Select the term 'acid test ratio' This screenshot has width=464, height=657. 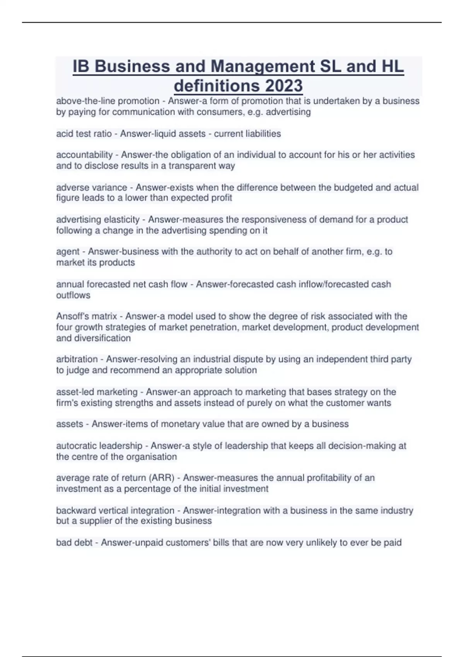pyautogui.click(x=84, y=134)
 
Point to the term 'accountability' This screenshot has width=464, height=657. pyautogui.click(x=84, y=155)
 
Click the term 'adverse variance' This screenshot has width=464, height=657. pyautogui.click(x=92, y=187)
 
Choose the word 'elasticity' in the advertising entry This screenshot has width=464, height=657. pyautogui.click(x=121, y=220)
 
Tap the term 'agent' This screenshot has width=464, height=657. pyautogui.click(x=68, y=252)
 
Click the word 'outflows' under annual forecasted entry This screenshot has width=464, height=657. pyautogui.click(x=73, y=295)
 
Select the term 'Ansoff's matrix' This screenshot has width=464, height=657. pyautogui.click(x=87, y=316)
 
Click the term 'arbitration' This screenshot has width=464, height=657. pyautogui.click(x=77, y=359)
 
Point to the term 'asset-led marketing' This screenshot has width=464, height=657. pyautogui.click(x=97, y=392)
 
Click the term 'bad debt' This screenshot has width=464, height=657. pyautogui.click(x=74, y=543)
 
